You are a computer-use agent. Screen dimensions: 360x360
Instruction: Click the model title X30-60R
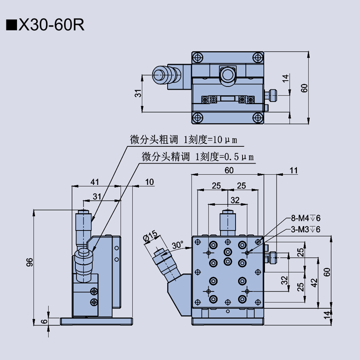(x=51, y=25)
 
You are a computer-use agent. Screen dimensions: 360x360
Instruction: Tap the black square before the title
(x=10, y=25)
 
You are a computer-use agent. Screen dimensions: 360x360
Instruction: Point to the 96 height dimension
(x=29, y=262)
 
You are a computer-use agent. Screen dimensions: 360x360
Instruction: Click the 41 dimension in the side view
(x=94, y=181)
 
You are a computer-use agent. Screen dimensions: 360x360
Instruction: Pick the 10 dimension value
(x=150, y=181)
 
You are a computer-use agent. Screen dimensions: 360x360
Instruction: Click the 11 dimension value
(x=293, y=170)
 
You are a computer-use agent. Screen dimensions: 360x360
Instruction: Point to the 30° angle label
(x=177, y=245)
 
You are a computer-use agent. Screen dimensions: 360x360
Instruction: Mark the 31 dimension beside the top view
(x=138, y=92)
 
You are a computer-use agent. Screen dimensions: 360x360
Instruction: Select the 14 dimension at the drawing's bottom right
(x=327, y=314)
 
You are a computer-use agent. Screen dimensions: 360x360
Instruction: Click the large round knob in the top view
(x=227, y=75)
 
